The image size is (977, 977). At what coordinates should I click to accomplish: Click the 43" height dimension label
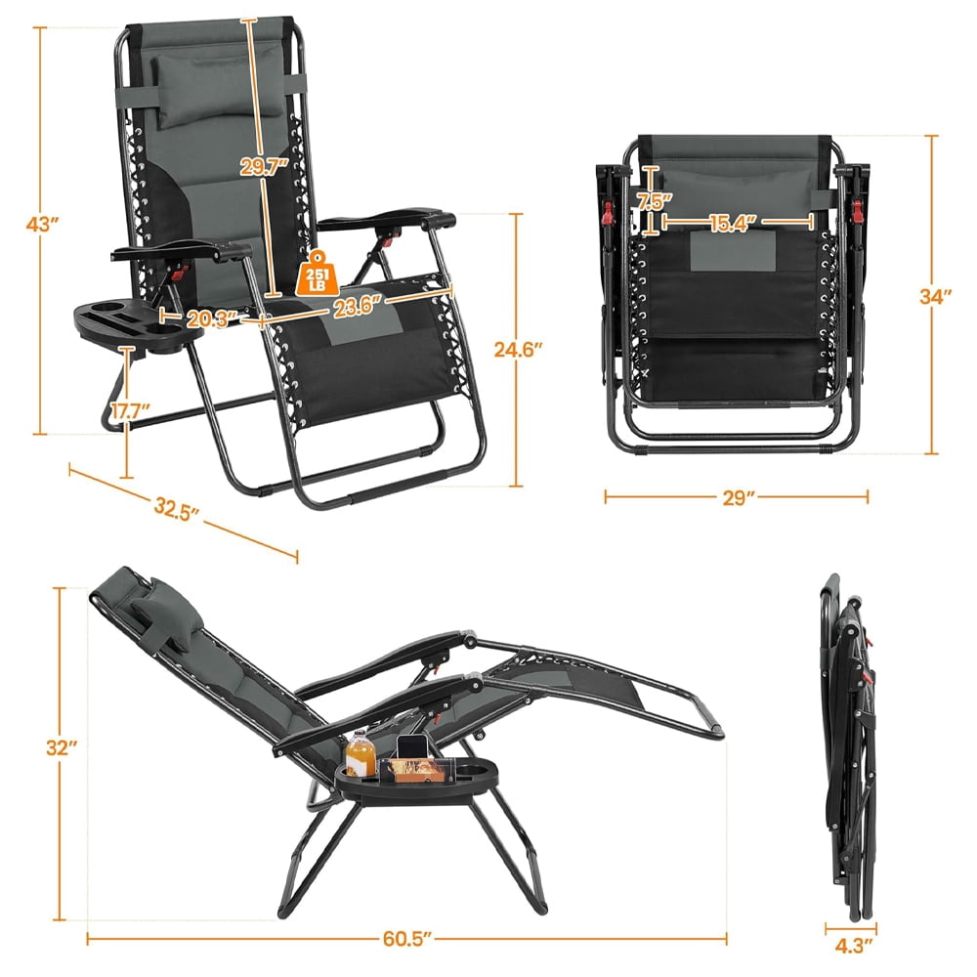click(x=44, y=224)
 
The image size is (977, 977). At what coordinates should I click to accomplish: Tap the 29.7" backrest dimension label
click(x=264, y=167)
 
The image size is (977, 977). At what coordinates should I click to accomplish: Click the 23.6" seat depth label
click(x=356, y=305)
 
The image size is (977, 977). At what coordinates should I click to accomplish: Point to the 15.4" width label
click(x=735, y=223)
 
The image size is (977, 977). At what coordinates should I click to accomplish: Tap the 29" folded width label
click(x=735, y=497)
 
